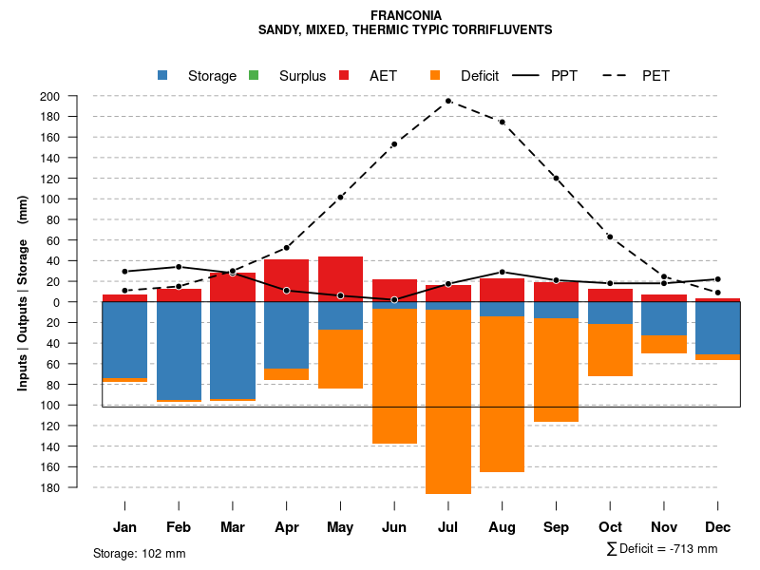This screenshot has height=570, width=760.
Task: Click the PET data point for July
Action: [x=448, y=101]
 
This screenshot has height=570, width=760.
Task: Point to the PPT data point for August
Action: [x=503, y=273]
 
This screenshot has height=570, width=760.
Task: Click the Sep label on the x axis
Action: [x=556, y=527]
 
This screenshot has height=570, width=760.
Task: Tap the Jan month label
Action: [x=125, y=527]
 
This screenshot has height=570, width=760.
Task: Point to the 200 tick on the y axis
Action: [x=76, y=96]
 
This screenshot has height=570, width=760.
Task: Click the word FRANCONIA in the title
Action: [x=406, y=15]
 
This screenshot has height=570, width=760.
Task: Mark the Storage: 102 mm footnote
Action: [x=140, y=553]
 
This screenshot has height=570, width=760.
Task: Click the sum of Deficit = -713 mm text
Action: [x=661, y=549]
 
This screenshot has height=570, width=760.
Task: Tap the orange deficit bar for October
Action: [x=610, y=350]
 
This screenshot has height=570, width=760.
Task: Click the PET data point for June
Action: [x=394, y=144]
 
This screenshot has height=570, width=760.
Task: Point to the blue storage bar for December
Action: [x=718, y=328]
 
